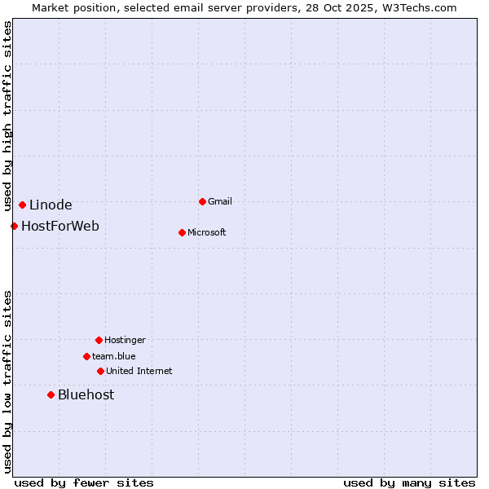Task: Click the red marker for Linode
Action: (22, 205)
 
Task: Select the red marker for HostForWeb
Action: (14, 226)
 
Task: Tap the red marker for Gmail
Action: (202, 201)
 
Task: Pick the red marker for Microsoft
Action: (182, 232)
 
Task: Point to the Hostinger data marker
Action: (99, 340)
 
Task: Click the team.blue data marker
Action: (86, 356)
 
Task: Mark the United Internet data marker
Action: (100, 371)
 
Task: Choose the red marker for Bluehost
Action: (51, 394)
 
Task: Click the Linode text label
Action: (51, 205)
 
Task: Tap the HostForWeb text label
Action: (60, 226)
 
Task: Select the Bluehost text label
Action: (86, 394)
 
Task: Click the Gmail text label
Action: (220, 201)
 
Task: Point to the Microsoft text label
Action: (207, 232)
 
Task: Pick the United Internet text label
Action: (139, 371)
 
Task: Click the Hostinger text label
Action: (125, 340)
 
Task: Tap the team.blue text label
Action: (114, 356)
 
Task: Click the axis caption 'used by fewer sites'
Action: (84, 482)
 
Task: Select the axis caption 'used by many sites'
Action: (409, 482)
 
